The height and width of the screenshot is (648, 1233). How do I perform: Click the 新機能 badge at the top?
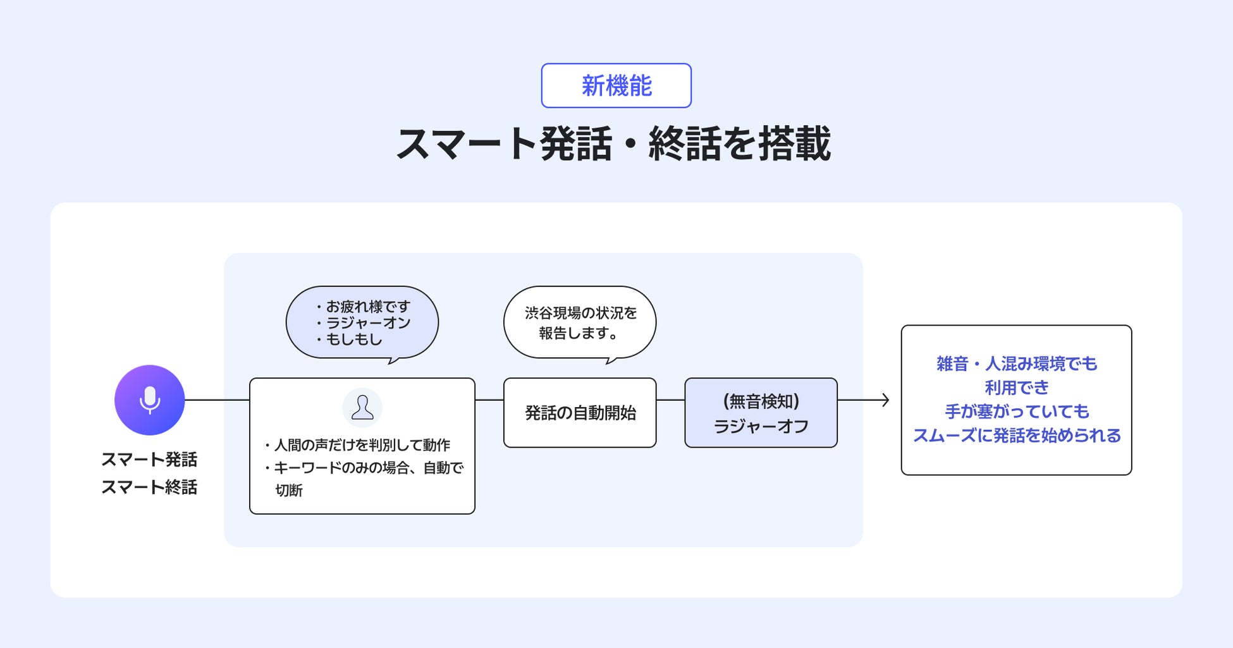(616, 85)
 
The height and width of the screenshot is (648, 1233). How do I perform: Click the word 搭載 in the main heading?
(794, 144)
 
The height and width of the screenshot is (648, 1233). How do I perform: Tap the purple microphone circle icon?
(149, 400)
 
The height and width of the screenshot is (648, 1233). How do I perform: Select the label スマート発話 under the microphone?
(149, 459)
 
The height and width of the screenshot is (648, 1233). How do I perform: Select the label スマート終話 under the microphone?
(149, 487)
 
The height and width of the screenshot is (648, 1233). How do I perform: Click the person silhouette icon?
(362, 408)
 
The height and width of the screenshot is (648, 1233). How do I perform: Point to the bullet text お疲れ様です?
(368, 307)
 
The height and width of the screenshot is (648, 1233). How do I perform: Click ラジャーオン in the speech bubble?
(368, 323)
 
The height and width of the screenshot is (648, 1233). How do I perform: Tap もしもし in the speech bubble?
(354, 339)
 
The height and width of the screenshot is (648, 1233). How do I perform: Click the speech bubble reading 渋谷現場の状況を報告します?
(580, 323)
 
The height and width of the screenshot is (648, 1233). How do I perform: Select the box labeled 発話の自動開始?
(580, 413)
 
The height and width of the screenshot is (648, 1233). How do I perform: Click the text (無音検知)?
(761, 401)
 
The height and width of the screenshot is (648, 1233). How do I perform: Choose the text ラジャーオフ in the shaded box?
(761, 426)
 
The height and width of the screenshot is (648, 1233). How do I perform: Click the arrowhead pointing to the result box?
(885, 400)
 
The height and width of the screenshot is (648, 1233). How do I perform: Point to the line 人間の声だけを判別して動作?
(362, 445)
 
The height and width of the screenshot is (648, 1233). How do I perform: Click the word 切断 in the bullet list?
(289, 490)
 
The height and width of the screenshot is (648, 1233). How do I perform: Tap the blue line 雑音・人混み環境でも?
(1017, 364)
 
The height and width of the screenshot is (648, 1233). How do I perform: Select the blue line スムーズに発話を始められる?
(1017, 436)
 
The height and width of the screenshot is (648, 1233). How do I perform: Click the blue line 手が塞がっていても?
(1017, 412)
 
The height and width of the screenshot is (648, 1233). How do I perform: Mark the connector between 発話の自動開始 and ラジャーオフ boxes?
(670, 400)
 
